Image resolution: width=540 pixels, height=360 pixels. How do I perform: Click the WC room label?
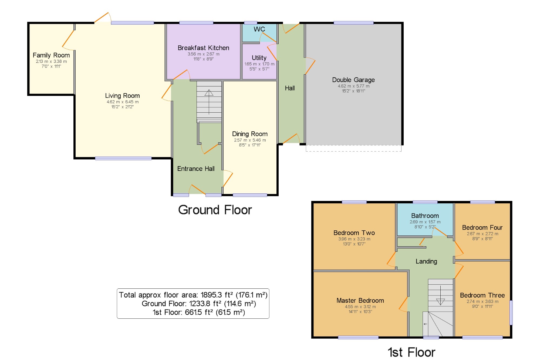pos(259,29)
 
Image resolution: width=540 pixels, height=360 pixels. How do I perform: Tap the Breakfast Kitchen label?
pos(203,48)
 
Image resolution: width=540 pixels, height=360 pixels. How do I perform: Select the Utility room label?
pos(259,58)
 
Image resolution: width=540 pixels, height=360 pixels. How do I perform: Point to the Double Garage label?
pos(353,80)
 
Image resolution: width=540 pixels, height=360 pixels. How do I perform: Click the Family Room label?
pos(51,55)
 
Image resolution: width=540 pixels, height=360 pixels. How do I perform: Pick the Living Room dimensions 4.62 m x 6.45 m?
pos(123,102)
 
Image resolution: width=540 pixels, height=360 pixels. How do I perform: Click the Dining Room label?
pos(250,134)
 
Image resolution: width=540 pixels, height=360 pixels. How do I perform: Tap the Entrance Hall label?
pos(196,169)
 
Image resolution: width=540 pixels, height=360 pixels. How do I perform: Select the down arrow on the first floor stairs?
pos(440,295)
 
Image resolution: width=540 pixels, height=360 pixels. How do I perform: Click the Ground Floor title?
pos(215,210)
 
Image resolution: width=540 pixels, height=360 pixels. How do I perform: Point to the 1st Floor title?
pos(411,352)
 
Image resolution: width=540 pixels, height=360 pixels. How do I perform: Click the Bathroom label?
pos(425,216)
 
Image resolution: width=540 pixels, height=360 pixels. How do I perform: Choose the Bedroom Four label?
pos(482,228)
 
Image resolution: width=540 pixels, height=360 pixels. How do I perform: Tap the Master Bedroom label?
pos(360,301)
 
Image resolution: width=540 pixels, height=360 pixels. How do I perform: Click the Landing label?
pos(426,261)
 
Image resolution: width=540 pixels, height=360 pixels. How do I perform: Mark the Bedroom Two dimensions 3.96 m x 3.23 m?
pos(354,239)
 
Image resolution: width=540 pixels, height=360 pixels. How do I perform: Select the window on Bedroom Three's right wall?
pos(511,312)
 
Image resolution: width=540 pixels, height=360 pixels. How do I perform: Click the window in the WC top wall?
pos(251,23)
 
